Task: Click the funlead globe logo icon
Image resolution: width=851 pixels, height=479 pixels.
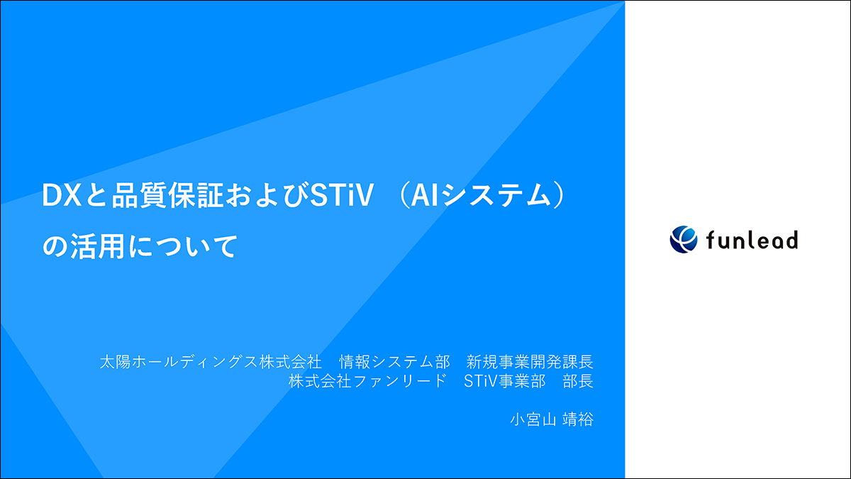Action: [x=684, y=239]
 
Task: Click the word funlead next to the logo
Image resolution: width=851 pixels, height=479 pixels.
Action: [x=752, y=240]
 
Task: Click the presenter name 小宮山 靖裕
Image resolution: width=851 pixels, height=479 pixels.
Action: [x=551, y=419]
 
